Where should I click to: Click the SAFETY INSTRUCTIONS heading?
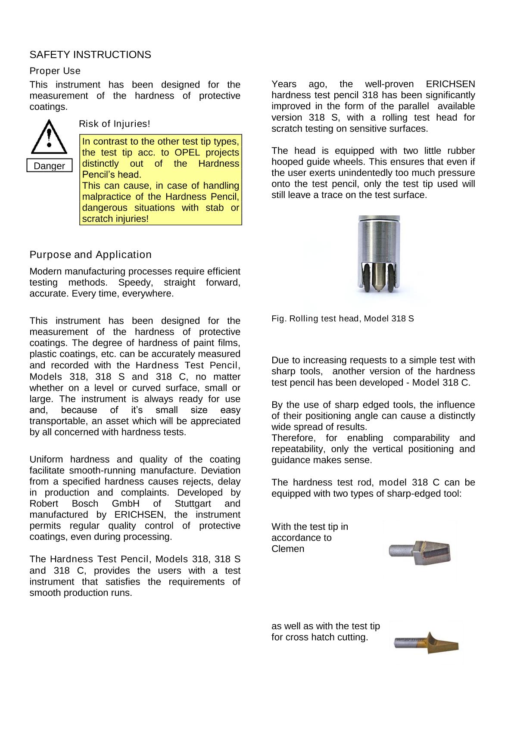(90, 55)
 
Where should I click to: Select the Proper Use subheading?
(55, 71)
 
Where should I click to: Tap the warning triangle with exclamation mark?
(49, 137)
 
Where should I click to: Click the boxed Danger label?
(49, 166)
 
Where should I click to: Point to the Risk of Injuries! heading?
(115, 124)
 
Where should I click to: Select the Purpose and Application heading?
(90, 255)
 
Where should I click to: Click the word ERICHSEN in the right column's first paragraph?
(450, 84)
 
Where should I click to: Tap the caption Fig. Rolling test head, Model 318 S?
(343, 319)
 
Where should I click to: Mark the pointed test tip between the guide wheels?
(378, 280)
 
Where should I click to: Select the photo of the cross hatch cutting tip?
(426, 642)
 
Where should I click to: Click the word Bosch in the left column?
(85, 504)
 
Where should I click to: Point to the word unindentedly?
(383, 173)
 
